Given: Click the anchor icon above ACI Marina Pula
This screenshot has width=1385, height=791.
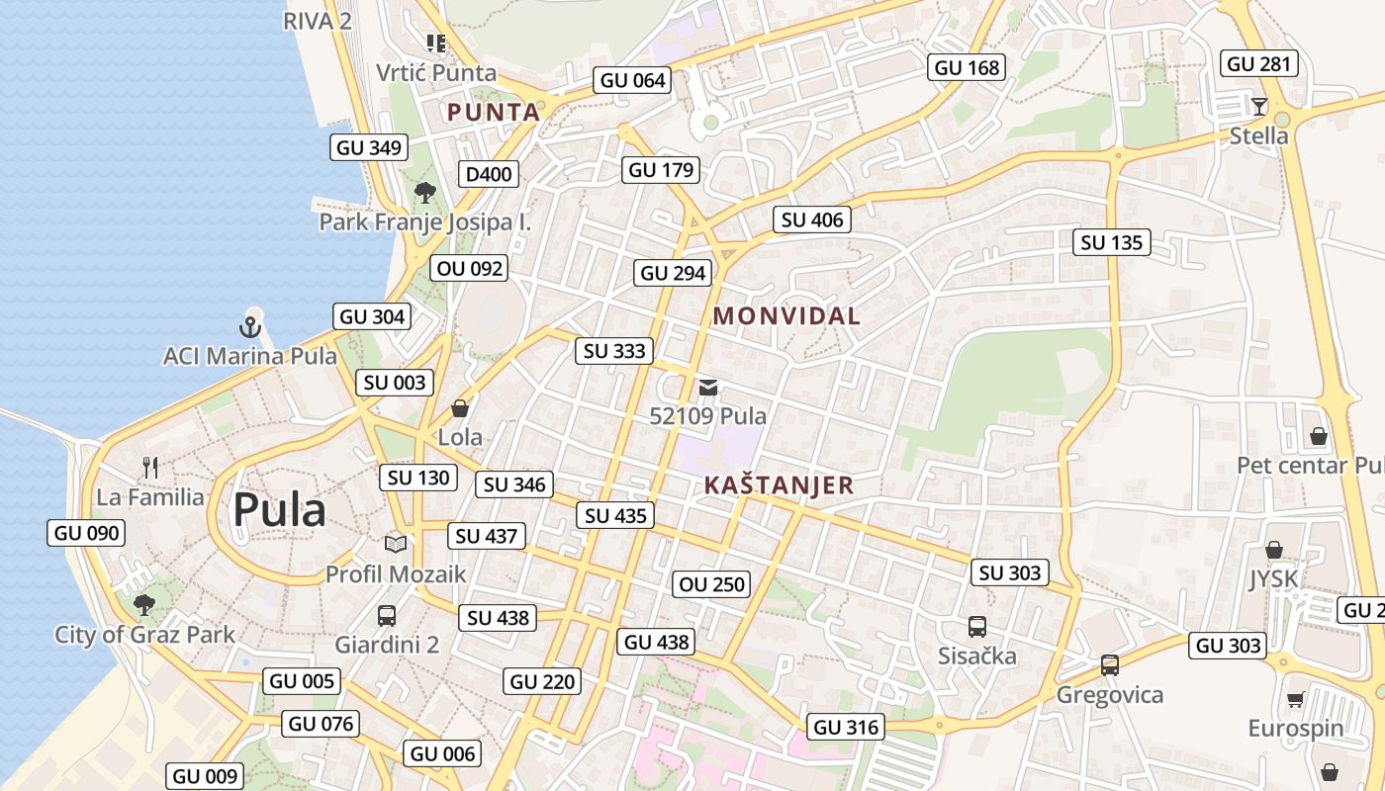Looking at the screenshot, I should (250, 326).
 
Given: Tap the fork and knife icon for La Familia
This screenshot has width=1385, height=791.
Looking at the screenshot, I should (150, 467).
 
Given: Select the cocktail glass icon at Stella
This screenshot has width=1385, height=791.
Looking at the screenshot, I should (1258, 107).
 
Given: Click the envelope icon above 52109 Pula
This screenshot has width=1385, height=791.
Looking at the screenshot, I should (708, 387).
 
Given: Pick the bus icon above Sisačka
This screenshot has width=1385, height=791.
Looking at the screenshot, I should (977, 626).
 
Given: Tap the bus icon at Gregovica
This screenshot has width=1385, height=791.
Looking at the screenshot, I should (1110, 664).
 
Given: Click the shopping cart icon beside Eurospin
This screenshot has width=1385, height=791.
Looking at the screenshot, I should (1295, 700).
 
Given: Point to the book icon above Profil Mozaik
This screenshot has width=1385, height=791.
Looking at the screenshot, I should (395, 544).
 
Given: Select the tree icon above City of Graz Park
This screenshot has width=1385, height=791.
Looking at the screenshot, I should (144, 603).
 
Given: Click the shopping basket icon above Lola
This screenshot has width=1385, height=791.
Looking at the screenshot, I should (460, 407).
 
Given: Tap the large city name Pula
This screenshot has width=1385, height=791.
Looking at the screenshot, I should (279, 510).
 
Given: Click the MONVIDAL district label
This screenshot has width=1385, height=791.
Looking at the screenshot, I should (786, 316).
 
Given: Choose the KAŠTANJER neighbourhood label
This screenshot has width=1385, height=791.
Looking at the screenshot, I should (779, 485).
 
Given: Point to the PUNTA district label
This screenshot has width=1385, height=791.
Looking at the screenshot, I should (494, 112).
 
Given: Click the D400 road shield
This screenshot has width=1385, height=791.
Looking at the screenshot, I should (489, 175).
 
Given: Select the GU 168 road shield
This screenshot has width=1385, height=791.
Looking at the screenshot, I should (968, 67).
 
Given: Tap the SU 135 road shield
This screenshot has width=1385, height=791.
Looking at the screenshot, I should (1111, 242).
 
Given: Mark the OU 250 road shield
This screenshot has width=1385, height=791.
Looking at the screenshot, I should (711, 584).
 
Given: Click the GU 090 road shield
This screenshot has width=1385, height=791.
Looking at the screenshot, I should (87, 533).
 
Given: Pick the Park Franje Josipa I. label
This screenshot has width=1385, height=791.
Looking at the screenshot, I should (424, 221).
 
